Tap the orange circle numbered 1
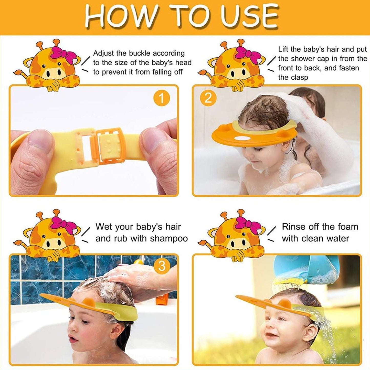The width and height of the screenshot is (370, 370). [161, 99]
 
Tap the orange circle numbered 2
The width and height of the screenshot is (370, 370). [208, 98]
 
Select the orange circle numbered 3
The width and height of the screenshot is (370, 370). [162, 267]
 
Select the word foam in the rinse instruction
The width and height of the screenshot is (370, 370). [347, 227]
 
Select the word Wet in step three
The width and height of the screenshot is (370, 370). [103, 227]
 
